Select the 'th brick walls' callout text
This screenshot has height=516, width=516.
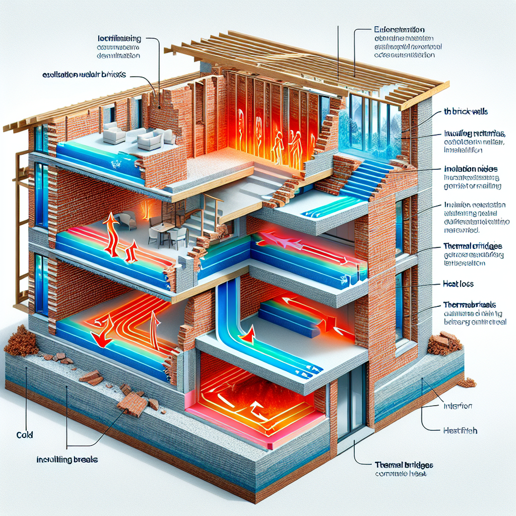tap(458, 112)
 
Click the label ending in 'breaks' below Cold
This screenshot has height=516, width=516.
tap(67, 460)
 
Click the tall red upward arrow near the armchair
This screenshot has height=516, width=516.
tap(111, 232)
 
